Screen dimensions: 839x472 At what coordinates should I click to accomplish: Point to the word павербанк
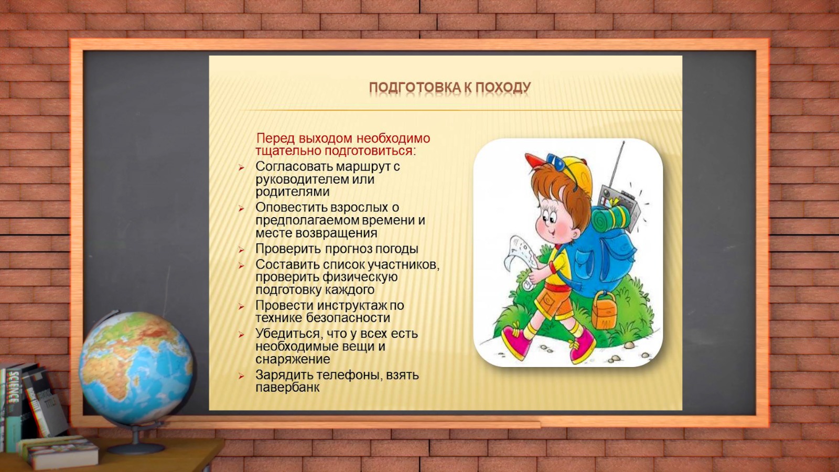(287, 388)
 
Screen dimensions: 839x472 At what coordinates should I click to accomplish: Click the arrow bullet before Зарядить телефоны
(241, 376)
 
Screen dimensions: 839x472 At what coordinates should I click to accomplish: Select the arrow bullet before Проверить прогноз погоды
(241, 250)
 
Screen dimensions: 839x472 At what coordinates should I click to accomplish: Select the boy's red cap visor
(535, 160)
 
